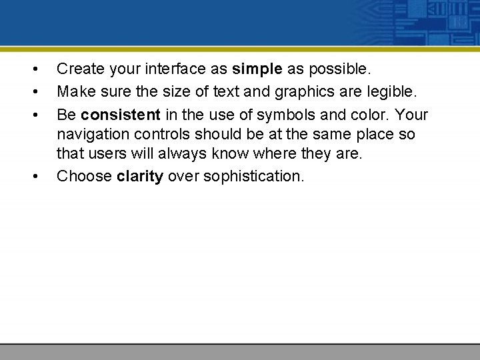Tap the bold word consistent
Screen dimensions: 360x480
120,115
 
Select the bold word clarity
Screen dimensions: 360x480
140,177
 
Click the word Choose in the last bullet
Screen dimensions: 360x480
84,177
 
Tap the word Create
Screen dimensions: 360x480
79,69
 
